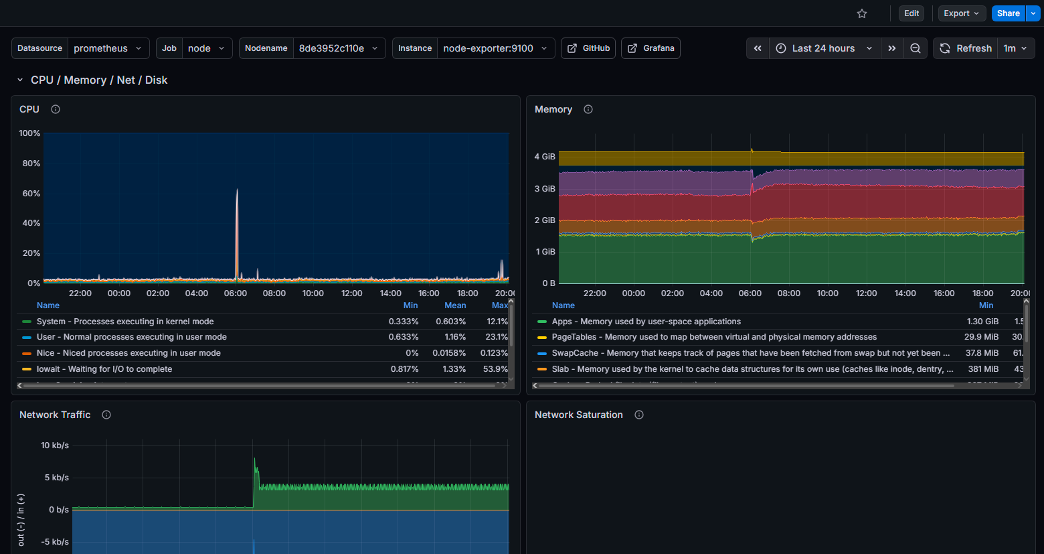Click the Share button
pos(1008,13)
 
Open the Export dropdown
pos(962,13)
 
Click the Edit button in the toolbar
pos(911,13)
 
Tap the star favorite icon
pos(862,13)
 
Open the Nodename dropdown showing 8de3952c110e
pos(339,48)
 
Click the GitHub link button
pos(589,48)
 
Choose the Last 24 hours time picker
pos(824,48)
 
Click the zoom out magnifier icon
pos(916,48)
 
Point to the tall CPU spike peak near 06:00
pos(237,190)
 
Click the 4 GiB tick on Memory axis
pos(545,157)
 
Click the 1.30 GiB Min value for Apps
pos(982,322)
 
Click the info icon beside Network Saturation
pos(639,415)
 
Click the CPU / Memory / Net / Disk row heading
pos(99,80)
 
